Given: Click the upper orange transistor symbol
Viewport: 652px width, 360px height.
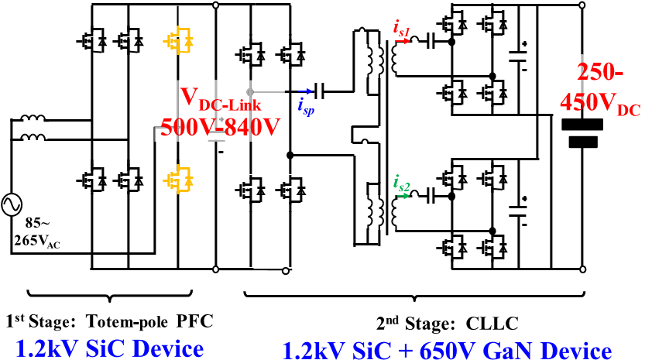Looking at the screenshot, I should (x=179, y=40).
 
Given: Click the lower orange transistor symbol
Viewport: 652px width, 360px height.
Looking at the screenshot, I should (x=179, y=179).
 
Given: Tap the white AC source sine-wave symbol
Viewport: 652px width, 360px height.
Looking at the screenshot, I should (x=12, y=204).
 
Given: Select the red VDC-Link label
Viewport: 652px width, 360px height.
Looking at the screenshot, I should (x=220, y=99).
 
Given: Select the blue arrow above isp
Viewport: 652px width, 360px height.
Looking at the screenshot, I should (x=305, y=91).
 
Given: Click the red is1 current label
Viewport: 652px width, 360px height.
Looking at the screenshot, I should (x=402, y=29).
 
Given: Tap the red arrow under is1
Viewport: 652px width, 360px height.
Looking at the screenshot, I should (x=403, y=41).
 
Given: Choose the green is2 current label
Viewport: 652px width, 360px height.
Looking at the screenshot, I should (x=402, y=183).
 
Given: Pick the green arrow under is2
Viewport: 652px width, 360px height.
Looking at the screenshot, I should (x=403, y=196).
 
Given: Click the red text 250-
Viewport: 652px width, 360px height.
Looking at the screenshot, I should (x=600, y=71).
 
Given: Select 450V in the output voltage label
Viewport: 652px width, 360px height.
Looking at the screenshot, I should (x=588, y=101).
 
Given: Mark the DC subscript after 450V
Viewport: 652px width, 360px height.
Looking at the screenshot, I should (x=628, y=111).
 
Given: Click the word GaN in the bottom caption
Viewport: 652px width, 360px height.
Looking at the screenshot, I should (x=508, y=350).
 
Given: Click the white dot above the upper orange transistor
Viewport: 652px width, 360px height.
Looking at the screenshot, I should (x=215, y=5).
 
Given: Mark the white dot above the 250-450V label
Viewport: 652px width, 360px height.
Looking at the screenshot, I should (x=582, y=5).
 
